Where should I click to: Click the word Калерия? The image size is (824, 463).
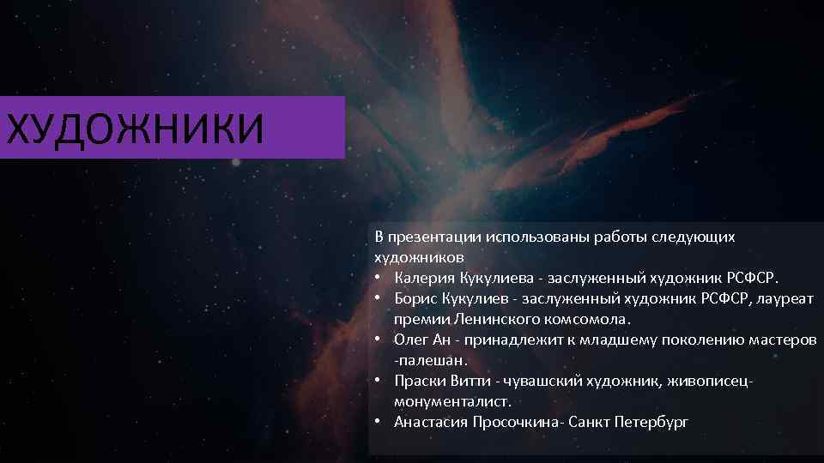(x=420, y=277)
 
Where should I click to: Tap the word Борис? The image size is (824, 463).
(x=415, y=298)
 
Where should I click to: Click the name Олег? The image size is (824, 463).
(x=410, y=340)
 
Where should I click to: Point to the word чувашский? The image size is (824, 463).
(x=535, y=381)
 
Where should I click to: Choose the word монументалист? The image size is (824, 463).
(x=451, y=401)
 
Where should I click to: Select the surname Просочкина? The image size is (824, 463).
(x=513, y=422)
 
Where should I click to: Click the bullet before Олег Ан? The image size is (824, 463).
(x=379, y=340)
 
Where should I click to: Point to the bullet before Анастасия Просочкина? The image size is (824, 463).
(x=379, y=422)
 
